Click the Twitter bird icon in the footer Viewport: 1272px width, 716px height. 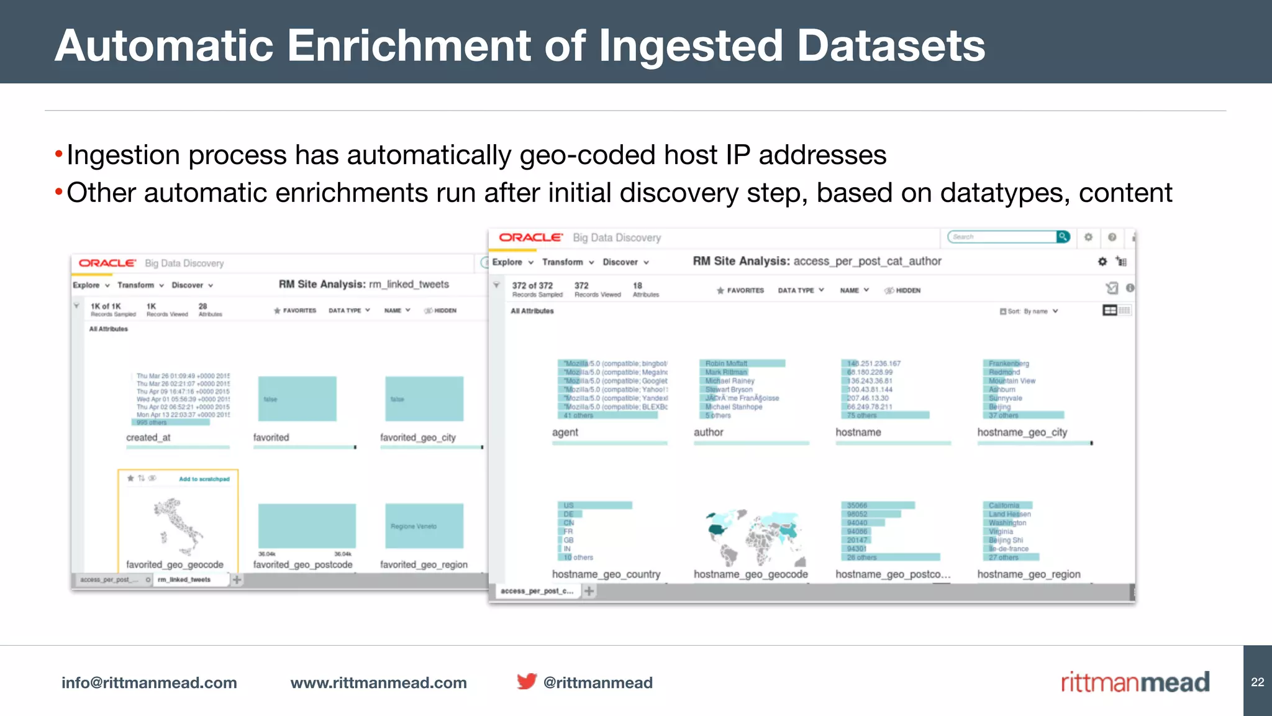[527, 682]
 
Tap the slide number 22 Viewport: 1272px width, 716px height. [1257, 682]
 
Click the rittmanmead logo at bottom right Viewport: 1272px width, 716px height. [1135, 682]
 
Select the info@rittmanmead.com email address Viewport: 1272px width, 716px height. [149, 683]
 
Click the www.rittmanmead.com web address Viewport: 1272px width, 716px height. [378, 683]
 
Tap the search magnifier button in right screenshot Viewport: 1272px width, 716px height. [1063, 237]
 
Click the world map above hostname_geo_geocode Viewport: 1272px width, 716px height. [755, 536]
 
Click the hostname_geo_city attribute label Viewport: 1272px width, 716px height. [1022, 433]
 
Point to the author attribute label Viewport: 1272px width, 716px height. [708, 433]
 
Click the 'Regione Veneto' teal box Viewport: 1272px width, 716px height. [424, 526]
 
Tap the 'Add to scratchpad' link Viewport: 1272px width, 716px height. [204, 479]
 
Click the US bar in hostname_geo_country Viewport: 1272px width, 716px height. [595, 505]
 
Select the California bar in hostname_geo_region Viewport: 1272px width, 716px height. [1007, 505]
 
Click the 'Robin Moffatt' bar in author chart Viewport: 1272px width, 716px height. [742, 364]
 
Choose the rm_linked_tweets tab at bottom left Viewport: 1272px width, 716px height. [184, 580]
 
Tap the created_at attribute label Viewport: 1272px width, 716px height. [148, 438]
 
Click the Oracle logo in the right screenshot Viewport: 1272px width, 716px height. [530, 237]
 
